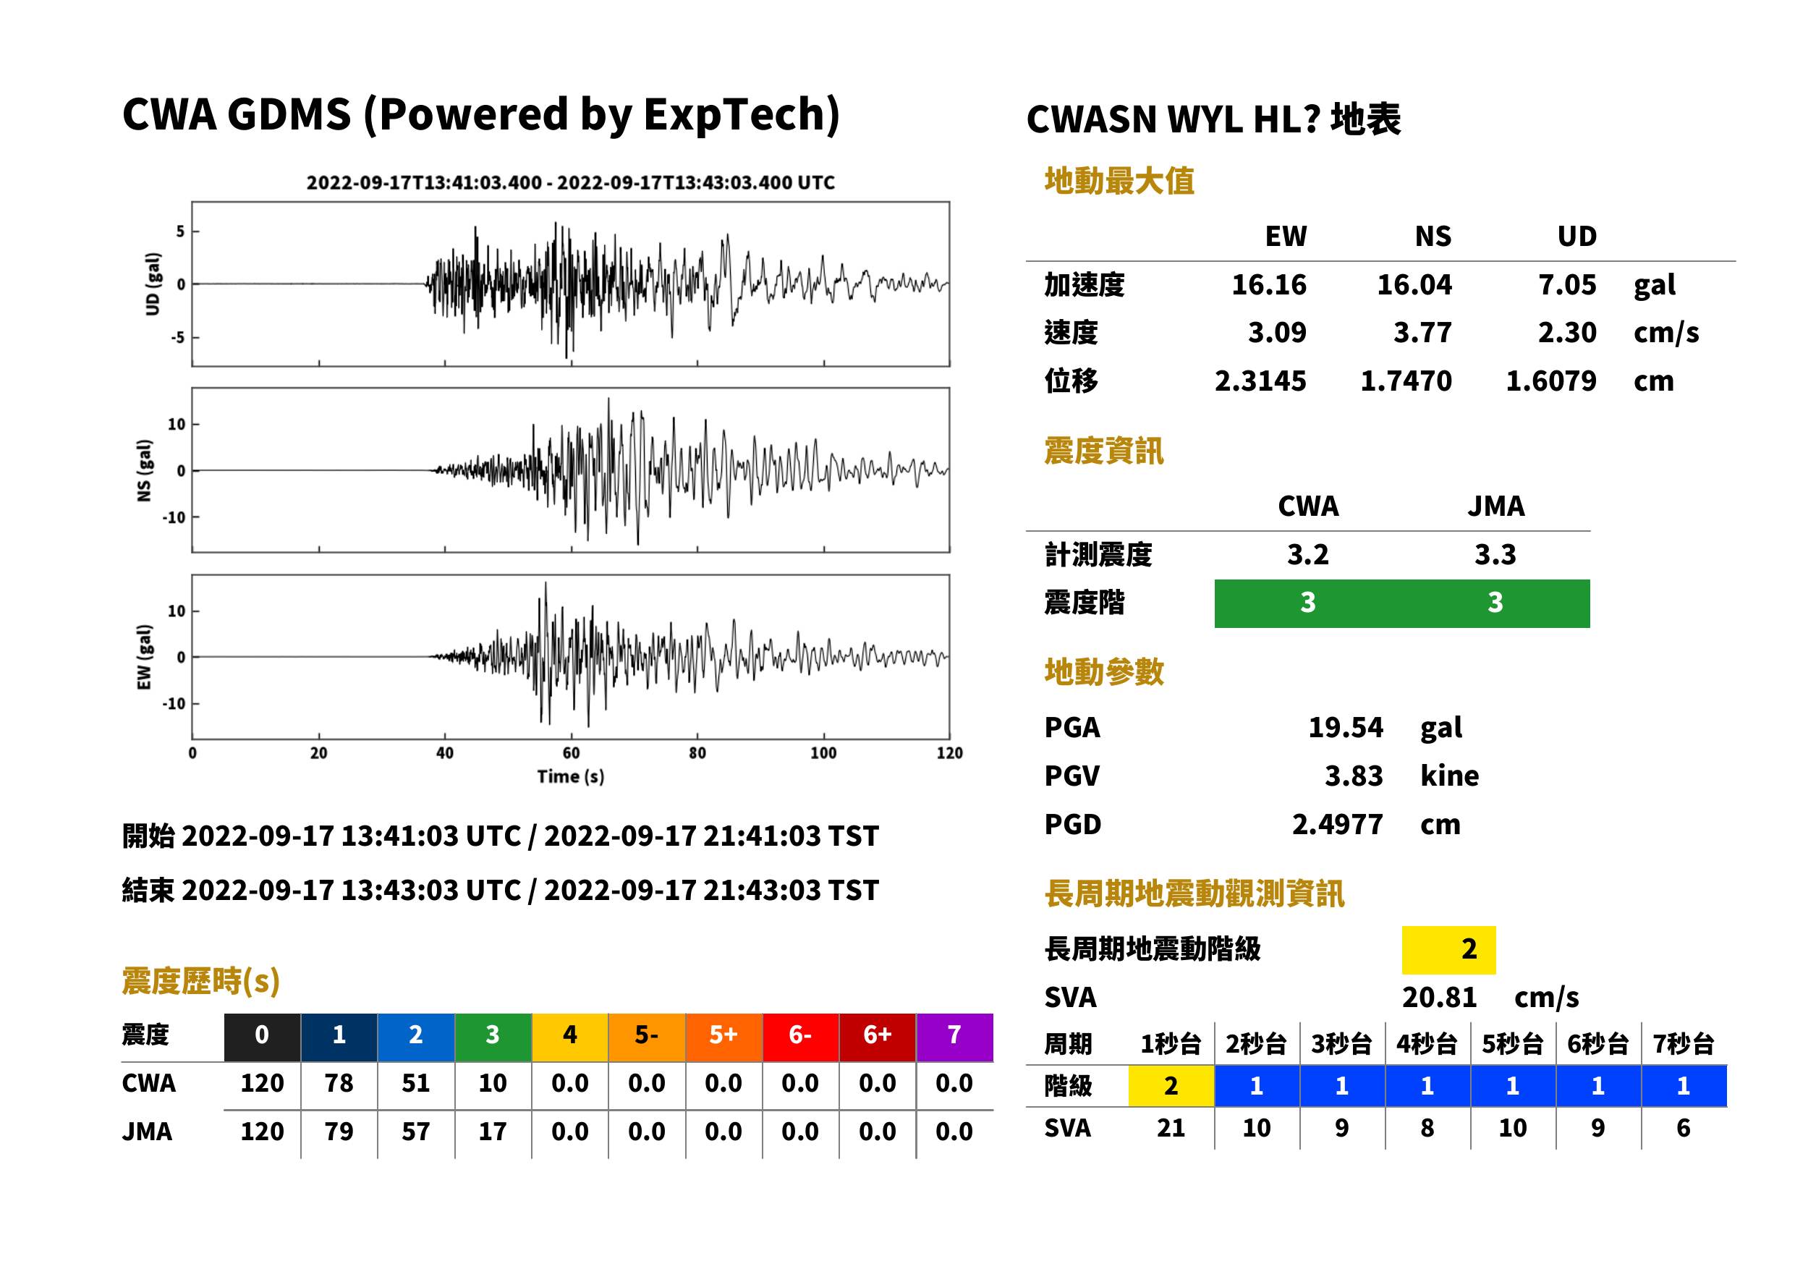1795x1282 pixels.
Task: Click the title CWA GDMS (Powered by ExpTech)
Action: click(480, 115)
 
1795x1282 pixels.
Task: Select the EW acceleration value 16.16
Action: click(1268, 284)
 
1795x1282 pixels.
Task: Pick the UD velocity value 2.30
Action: click(1567, 332)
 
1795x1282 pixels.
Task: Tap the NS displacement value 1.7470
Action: click(1406, 381)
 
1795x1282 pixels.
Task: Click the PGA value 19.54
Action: click(1345, 727)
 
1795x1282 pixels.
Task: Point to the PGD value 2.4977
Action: click(1337, 824)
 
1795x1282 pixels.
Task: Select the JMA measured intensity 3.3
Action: click(1495, 554)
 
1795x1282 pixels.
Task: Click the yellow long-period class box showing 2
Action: click(1448, 950)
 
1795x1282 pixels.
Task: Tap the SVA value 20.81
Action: click(1439, 997)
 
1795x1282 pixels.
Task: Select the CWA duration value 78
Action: click(339, 1083)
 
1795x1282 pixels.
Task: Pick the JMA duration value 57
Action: click(415, 1132)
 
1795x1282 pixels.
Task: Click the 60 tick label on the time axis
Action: click(571, 753)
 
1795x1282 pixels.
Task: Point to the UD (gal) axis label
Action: click(153, 284)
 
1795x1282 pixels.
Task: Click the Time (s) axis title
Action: click(571, 777)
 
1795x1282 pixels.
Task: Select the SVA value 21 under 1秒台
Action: click(1171, 1128)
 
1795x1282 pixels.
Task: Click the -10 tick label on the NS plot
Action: click(174, 518)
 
